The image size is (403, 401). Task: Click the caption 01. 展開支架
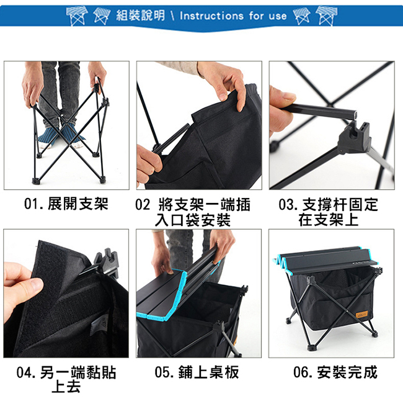click(66, 204)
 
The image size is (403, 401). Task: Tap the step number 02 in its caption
click(143, 205)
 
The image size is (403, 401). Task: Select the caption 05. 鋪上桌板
click(197, 372)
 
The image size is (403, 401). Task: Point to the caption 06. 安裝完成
click(335, 372)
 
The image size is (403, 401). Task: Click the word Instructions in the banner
click(211, 16)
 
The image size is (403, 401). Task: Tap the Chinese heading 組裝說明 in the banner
click(140, 16)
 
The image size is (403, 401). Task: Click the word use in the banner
click(278, 16)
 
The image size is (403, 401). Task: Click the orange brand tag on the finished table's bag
click(362, 314)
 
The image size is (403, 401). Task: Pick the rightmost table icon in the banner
click(326, 16)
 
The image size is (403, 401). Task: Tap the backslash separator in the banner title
click(172, 16)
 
